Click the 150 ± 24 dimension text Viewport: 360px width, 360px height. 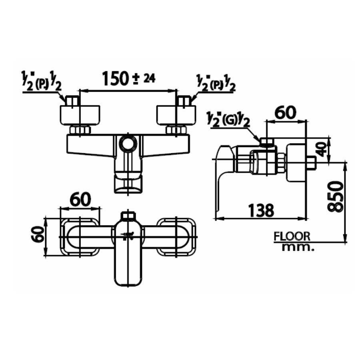tap(128, 78)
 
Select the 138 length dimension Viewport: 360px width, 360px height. tap(261, 210)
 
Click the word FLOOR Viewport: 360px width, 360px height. tap(292, 236)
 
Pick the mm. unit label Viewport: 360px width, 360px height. tap(298, 248)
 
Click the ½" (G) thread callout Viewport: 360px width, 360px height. tap(228, 120)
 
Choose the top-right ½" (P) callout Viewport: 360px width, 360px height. tap(216, 82)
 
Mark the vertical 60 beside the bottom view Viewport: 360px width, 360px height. tap(38, 234)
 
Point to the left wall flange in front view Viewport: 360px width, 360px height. tap(80, 115)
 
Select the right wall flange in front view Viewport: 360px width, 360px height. tap(176, 115)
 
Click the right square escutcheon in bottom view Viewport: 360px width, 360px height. tap(177, 237)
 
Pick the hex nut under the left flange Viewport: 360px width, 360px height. tap(80, 130)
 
